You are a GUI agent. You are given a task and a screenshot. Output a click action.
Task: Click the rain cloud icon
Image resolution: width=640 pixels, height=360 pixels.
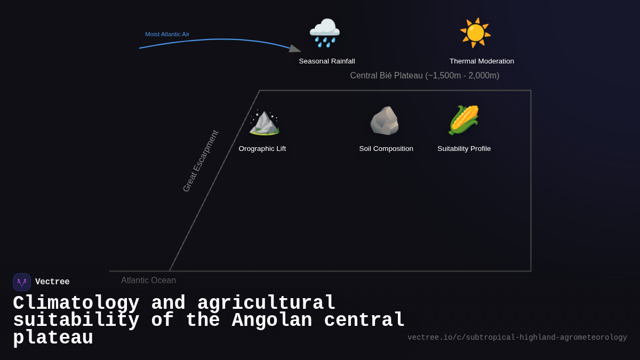pos(325,33)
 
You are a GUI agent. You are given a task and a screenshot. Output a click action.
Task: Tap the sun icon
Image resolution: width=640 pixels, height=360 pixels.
pos(475,33)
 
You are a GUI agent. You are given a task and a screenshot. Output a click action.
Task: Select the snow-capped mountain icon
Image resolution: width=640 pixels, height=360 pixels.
pos(264,122)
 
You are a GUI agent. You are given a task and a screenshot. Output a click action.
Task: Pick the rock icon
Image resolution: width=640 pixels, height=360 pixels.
pos(385,121)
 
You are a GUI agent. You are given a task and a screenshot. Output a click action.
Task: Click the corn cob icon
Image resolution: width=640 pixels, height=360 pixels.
pos(463,120)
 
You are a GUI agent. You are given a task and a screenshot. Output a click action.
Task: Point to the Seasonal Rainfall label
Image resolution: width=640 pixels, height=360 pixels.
pos(327,61)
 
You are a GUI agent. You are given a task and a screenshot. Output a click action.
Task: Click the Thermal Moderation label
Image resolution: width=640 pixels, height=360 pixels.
pos(482,61)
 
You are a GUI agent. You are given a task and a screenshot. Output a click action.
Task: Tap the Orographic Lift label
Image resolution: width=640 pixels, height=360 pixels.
pos(262,149)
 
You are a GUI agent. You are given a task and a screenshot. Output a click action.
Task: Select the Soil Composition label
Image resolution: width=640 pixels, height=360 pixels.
pos(386,149)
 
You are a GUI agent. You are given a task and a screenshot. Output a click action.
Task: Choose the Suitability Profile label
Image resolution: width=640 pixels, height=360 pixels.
pos(464,149)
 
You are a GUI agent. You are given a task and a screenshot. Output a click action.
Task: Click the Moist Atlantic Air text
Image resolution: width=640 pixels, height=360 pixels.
pos(167,34)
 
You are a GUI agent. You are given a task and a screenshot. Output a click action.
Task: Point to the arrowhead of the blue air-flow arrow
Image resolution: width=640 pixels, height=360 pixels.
pos(295,49)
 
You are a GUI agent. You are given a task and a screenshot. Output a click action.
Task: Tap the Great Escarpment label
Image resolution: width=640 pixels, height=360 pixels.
pos(201,161)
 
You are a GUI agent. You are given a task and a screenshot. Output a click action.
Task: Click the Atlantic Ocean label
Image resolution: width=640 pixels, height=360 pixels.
pos(148,281)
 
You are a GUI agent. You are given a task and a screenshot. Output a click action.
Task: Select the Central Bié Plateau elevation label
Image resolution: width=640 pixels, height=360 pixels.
pos(425,76)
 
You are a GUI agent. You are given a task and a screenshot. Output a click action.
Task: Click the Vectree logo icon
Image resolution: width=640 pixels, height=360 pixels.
pos(22,282)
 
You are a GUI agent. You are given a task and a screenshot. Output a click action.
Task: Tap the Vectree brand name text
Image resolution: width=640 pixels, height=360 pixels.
pos(52,282)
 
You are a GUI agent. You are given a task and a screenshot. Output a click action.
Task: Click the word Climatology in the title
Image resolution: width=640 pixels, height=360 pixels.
pos(76,303)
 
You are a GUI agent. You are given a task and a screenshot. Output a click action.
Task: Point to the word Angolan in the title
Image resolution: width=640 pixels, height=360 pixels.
pos(272,321)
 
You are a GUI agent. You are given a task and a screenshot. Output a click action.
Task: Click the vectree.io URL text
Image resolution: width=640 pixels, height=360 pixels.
pos(517,338)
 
